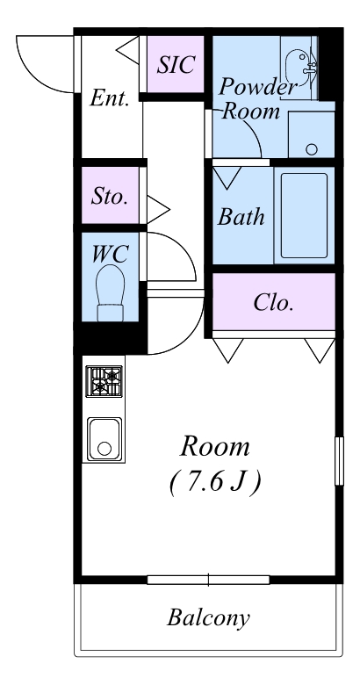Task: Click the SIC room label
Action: [x=176, y=65]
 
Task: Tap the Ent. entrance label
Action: [x=110, y=98]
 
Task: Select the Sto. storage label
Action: [x=109, y=197]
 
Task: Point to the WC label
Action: [x=110, y=254]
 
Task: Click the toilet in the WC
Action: [x=110, y=292]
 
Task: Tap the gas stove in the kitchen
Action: [x=104, y=381]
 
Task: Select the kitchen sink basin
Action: [x=104, y=439]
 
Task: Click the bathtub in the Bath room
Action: [x=304, y=215]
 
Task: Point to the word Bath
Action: [x=241, y=217]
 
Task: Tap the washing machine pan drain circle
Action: [x=312, y=149]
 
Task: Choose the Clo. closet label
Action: [x=273, y=302]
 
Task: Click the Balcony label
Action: [x=208, y=618]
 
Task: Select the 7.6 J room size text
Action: [x=215, y=482]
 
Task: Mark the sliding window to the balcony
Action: [x=208, y=580]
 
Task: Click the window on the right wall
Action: [x=339, y=460]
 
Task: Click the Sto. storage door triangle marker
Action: [x=158, y=210]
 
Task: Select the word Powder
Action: [x=258, y=87]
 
